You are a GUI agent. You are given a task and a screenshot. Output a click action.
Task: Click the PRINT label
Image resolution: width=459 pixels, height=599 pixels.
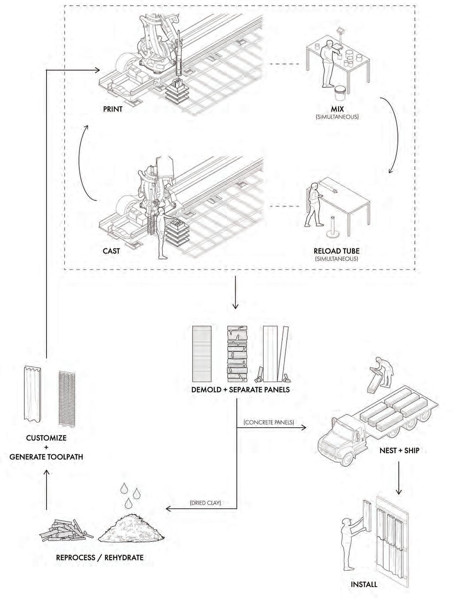pos(113,109)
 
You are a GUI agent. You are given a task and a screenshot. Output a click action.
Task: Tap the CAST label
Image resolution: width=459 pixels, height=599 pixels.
pos(111,251)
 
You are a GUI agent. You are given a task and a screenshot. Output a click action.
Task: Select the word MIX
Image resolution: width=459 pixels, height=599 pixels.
pos(337,109)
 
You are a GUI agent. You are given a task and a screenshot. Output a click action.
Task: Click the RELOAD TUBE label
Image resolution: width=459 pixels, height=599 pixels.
pos(337,251)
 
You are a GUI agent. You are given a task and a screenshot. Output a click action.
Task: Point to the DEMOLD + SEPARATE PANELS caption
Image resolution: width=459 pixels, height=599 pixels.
pos(241,390)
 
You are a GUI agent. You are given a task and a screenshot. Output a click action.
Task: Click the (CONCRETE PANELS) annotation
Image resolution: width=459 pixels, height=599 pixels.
pos(269,422)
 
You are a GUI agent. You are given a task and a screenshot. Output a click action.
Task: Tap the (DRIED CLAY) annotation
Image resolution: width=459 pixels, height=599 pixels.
pos(205,503)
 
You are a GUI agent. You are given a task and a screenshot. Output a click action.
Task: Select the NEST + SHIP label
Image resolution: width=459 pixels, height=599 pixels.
pos(399,451)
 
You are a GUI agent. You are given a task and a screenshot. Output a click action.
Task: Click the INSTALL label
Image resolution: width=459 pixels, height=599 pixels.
pos(364,584)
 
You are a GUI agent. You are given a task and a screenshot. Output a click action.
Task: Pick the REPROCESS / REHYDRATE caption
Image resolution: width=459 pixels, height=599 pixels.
pos(100,557)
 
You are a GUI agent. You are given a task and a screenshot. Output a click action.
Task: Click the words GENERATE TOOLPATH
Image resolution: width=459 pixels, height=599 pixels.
pos(46,456)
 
